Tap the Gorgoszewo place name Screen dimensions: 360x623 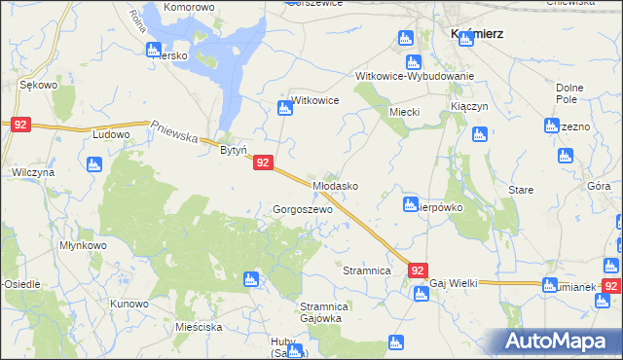coord(303,209)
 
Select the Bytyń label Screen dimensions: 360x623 coord(233,151)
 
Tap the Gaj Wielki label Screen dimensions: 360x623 coord(454,283)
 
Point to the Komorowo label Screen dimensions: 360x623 coord(189,7)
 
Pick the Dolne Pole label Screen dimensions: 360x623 coord(568,94)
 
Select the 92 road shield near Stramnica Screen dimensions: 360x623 coord(418,270)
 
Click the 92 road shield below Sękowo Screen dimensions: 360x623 coord(21,125)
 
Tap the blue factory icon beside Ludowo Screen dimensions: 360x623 coord(94,164)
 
